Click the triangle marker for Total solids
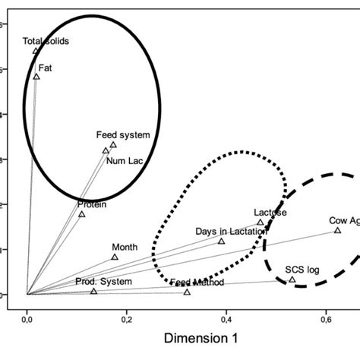[36, 51]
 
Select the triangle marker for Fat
[36, 77]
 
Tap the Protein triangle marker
[82, 214]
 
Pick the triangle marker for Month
[115, 257]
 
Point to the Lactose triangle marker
[260, 223]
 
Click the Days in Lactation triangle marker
[222, 241]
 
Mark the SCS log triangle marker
[292, 279]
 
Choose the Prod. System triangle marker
[94, 291]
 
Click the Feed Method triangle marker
[187, 292]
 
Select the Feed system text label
[123, 135]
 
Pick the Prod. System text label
[104, 282]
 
